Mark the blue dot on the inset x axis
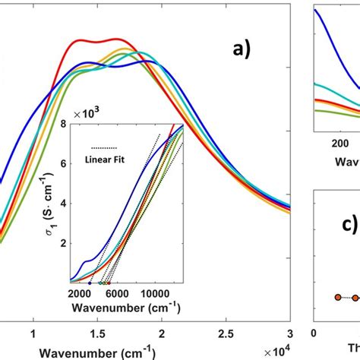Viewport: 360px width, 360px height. (90, 283)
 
